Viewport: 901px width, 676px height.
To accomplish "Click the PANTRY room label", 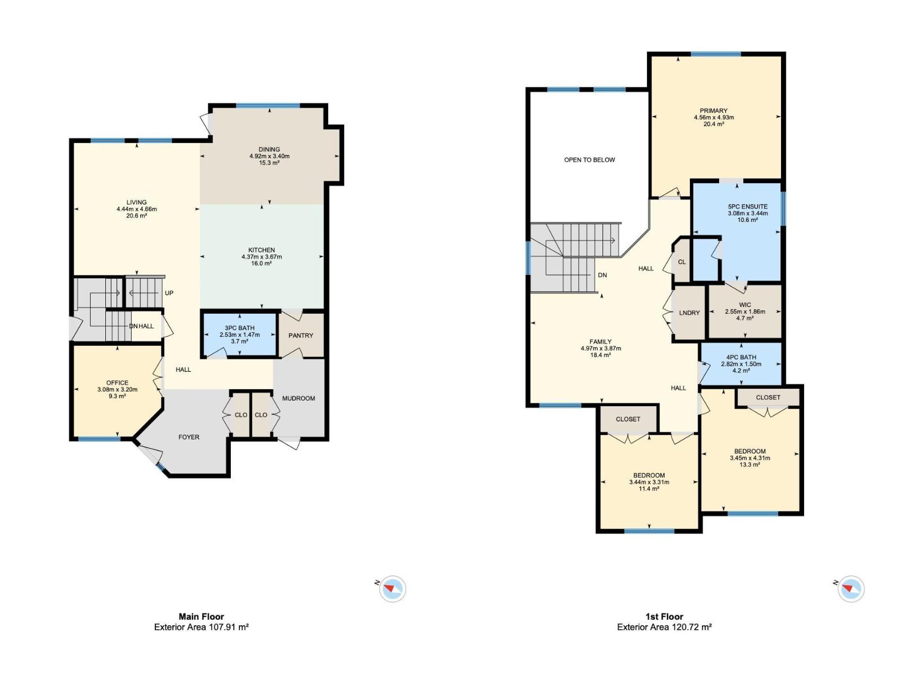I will [301, 335].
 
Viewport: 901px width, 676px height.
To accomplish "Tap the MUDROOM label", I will [298, 398].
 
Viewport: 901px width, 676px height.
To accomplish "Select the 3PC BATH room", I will [239, 335].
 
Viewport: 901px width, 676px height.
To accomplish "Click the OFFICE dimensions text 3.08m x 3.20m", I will [117, 389].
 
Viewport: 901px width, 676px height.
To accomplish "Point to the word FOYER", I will [189, 437].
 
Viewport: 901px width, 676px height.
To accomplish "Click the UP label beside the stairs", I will [169, 293].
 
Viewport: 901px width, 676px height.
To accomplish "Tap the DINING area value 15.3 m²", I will [269, 163].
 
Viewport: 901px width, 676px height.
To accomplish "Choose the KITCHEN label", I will [261, 250].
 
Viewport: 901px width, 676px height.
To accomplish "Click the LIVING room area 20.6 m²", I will [136, 216].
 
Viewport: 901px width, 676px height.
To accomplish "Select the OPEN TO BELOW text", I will [590, 160].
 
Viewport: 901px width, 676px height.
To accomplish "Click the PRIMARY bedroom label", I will [713, 111].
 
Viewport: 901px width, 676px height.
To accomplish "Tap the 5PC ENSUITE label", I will [747, 207].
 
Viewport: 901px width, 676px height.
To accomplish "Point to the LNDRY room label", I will [689, 313].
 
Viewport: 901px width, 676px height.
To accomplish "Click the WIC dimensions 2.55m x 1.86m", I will [744, 312].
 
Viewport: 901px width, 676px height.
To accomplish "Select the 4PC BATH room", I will [741, 363].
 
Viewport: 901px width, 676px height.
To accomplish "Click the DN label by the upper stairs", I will [602, 275].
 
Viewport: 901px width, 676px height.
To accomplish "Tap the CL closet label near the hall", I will [681, 262].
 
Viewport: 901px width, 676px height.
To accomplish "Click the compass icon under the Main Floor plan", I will [392, 589].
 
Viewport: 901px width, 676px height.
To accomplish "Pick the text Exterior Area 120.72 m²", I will [664, 627].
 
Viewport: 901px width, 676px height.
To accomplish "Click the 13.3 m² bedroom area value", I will [750, 465].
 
